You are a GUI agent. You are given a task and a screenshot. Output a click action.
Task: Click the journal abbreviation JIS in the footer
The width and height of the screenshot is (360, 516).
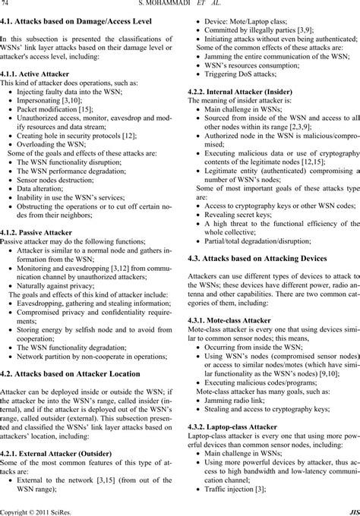pyautogui.click(x=353, y=511)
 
